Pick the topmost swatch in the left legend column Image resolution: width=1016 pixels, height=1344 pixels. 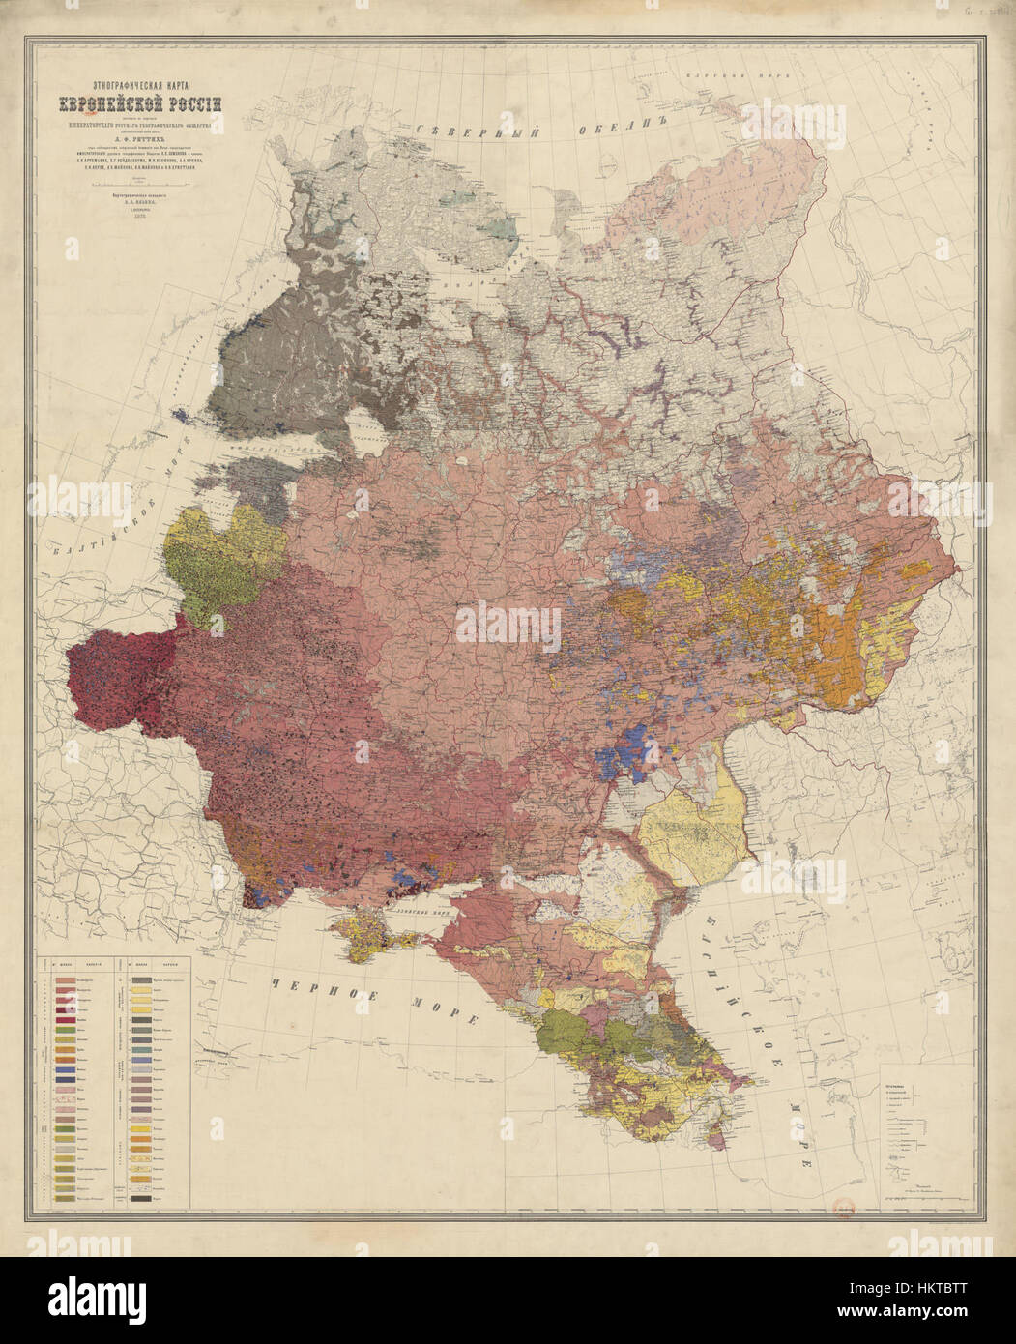pos(69,979)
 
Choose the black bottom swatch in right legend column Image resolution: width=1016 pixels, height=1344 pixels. pos(139,1197)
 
